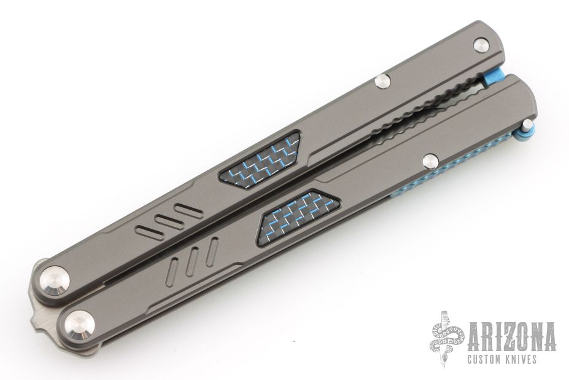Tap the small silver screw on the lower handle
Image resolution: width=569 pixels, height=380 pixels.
[x=431, y=160]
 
